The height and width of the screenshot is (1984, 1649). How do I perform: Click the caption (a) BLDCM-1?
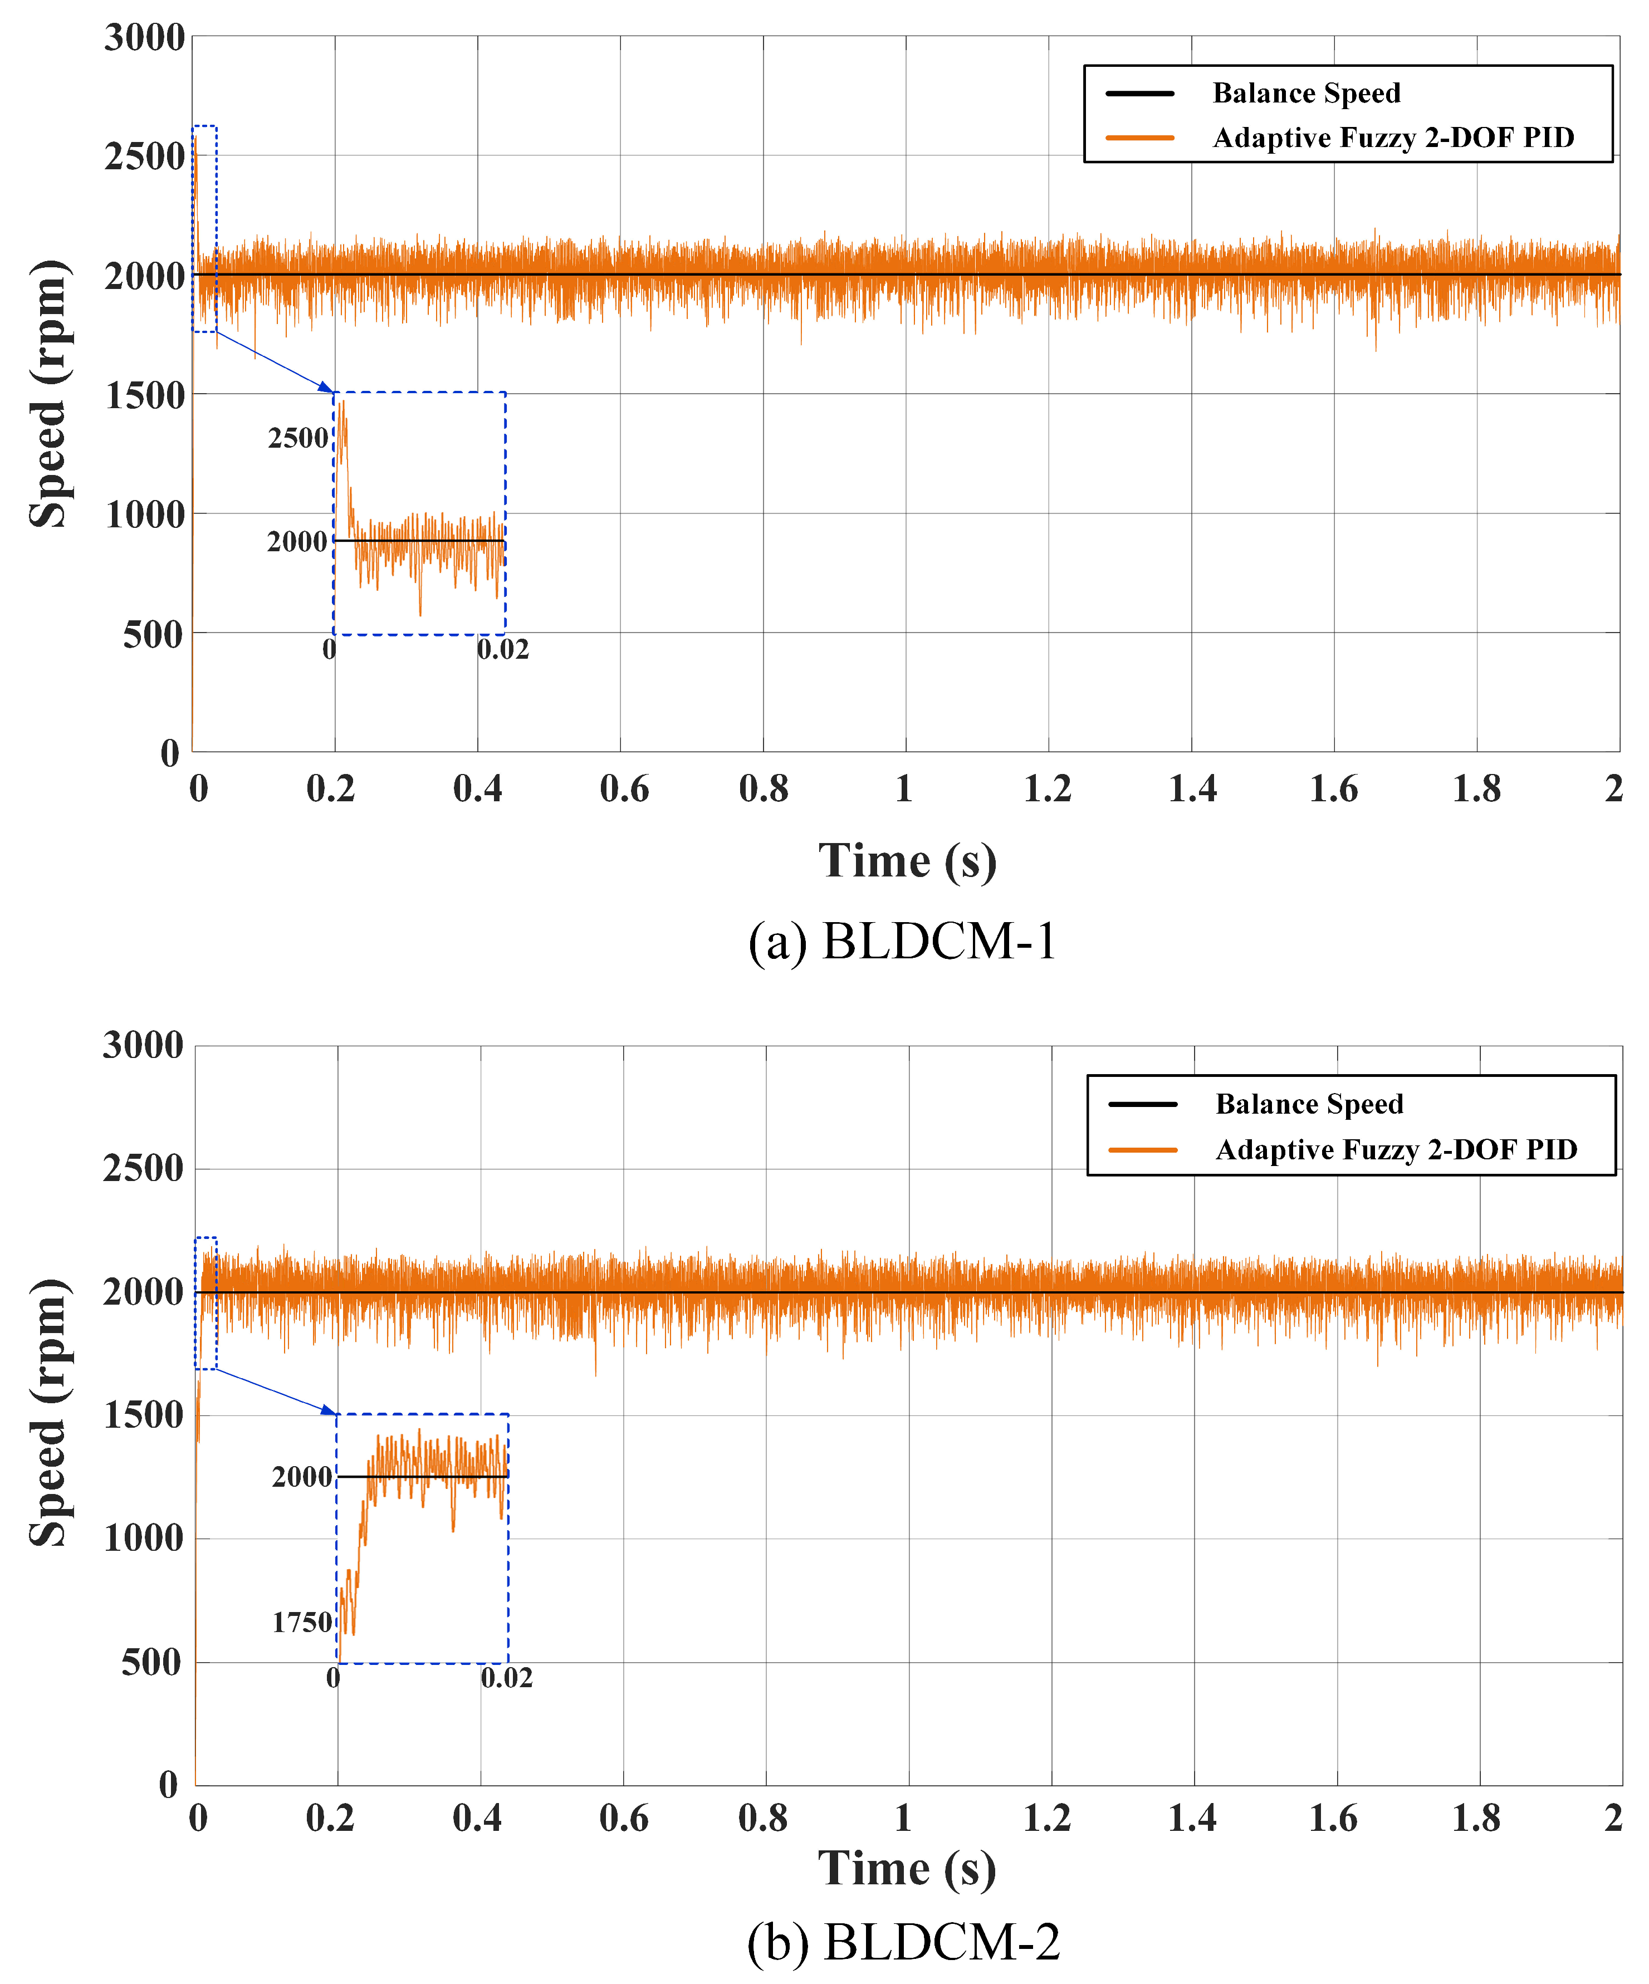point(902,942)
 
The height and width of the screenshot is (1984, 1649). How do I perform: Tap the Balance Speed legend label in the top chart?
point(1306,94)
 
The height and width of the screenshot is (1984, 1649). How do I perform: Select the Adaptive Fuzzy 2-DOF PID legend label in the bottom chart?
point(1396,1150)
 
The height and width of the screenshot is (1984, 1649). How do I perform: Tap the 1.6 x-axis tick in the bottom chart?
point(1333,1818)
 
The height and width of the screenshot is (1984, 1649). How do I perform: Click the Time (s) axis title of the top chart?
point(907,861)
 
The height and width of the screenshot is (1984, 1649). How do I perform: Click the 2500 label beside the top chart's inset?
point(298,438)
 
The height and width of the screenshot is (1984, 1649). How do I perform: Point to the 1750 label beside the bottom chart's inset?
point(302,1622)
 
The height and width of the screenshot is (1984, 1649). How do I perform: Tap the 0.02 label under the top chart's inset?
point(503,650)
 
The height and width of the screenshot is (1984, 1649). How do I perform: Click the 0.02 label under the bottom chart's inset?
point(507,1678)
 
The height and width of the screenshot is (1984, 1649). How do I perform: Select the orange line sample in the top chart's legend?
point(1139,138)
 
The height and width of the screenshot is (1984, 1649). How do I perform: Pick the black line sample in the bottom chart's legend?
point(1142,1104)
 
